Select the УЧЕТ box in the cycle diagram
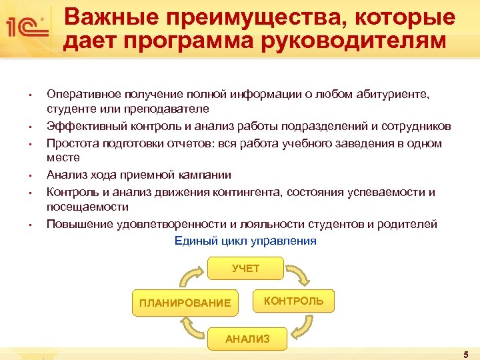(x=245, y=268)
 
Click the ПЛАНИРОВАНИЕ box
(x=185, y=303)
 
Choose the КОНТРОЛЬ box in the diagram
(x=293, y=301)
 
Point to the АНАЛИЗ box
(x=247, y=339)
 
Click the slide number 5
(x=465, y=353)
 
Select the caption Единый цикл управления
(x=245, y=241)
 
